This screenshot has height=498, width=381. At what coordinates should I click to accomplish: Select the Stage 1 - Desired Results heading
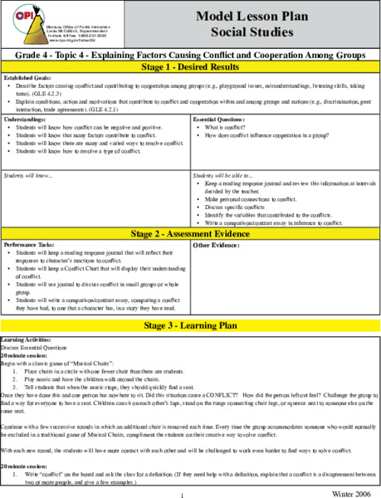(190, 67)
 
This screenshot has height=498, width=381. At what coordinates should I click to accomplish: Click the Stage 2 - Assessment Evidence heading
(190, 234)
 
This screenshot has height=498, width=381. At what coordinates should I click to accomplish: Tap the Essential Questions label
(221, 120)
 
